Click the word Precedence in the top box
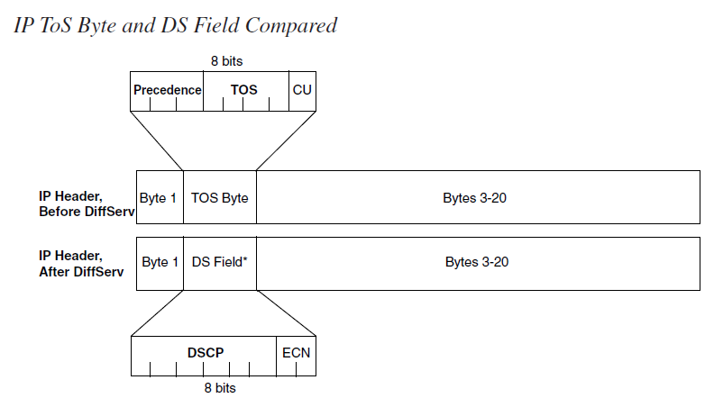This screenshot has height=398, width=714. (x=167, y=90)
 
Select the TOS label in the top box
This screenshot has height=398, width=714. (x=243, y=90)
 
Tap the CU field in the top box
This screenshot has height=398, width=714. (x=302, y=90)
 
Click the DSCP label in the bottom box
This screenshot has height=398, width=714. (x=205, y=352)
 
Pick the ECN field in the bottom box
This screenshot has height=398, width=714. (x=296, y=352)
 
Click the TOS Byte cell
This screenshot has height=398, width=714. (x=220, y=197)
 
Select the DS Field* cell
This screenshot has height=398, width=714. (x=219, y=262)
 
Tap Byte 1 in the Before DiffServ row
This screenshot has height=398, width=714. (x=158, y=197)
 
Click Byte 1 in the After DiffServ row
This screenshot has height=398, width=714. (x=160, y=262)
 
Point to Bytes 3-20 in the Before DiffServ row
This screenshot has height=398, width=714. (x=478, y=197)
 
